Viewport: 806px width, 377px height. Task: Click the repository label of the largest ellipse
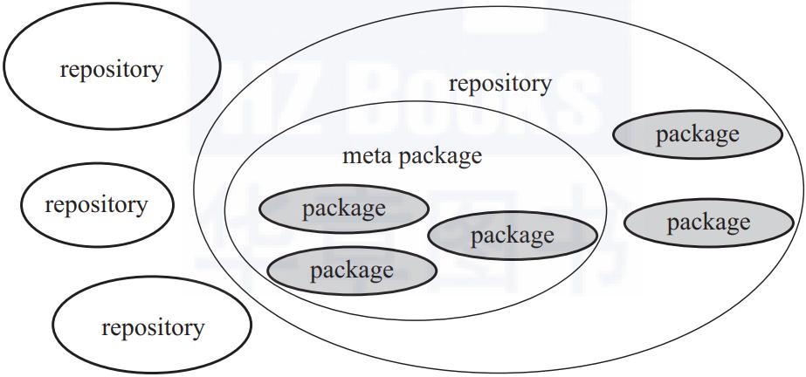[x=500, y=84]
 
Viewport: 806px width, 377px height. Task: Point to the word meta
[x=368, y=155]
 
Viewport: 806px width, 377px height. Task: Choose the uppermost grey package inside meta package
[x=343, y=209]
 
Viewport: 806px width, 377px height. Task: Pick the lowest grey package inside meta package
[x=352, y=271]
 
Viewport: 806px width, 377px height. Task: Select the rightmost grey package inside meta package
[x=513, y=236]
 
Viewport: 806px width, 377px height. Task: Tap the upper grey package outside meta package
[x=698, y=134]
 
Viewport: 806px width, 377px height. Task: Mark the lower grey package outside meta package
[x=709, y=223]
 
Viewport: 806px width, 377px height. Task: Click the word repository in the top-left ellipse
[x=111, y=70]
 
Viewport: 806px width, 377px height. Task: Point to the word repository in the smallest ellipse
[x=96, y=205]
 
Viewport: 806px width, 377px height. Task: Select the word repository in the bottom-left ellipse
[x=153, y=328]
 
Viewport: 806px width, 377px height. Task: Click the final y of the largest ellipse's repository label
[x=546, y=86]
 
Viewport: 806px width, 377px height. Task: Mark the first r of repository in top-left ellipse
[x=64, y=72]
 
